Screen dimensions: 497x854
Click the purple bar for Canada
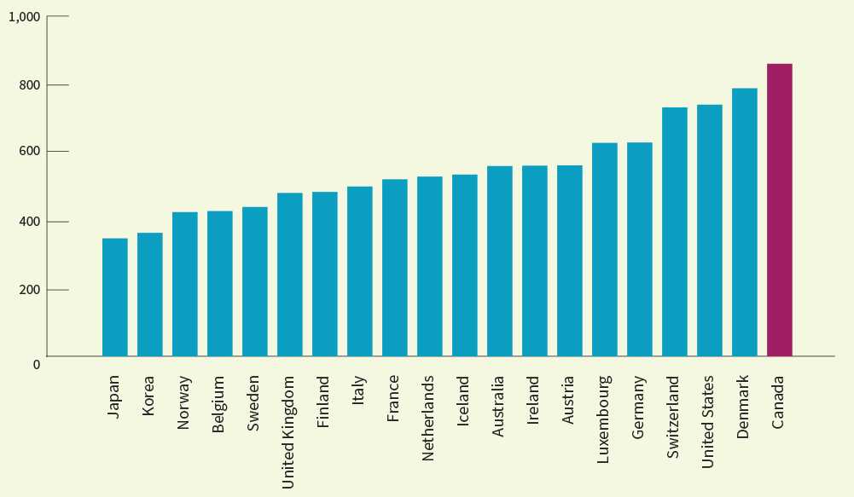point(779,210)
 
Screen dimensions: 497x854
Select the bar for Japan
point(114,297)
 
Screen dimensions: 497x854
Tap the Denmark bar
point(744,222)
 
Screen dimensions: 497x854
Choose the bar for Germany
point(639,249)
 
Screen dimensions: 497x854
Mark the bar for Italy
point(359,271)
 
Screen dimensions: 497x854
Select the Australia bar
point(499,261)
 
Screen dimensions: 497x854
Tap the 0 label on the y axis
point(37,365)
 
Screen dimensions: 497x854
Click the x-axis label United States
point(708,421)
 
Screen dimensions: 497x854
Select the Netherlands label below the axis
point(428,418)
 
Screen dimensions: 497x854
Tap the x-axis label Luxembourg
point(603,419)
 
